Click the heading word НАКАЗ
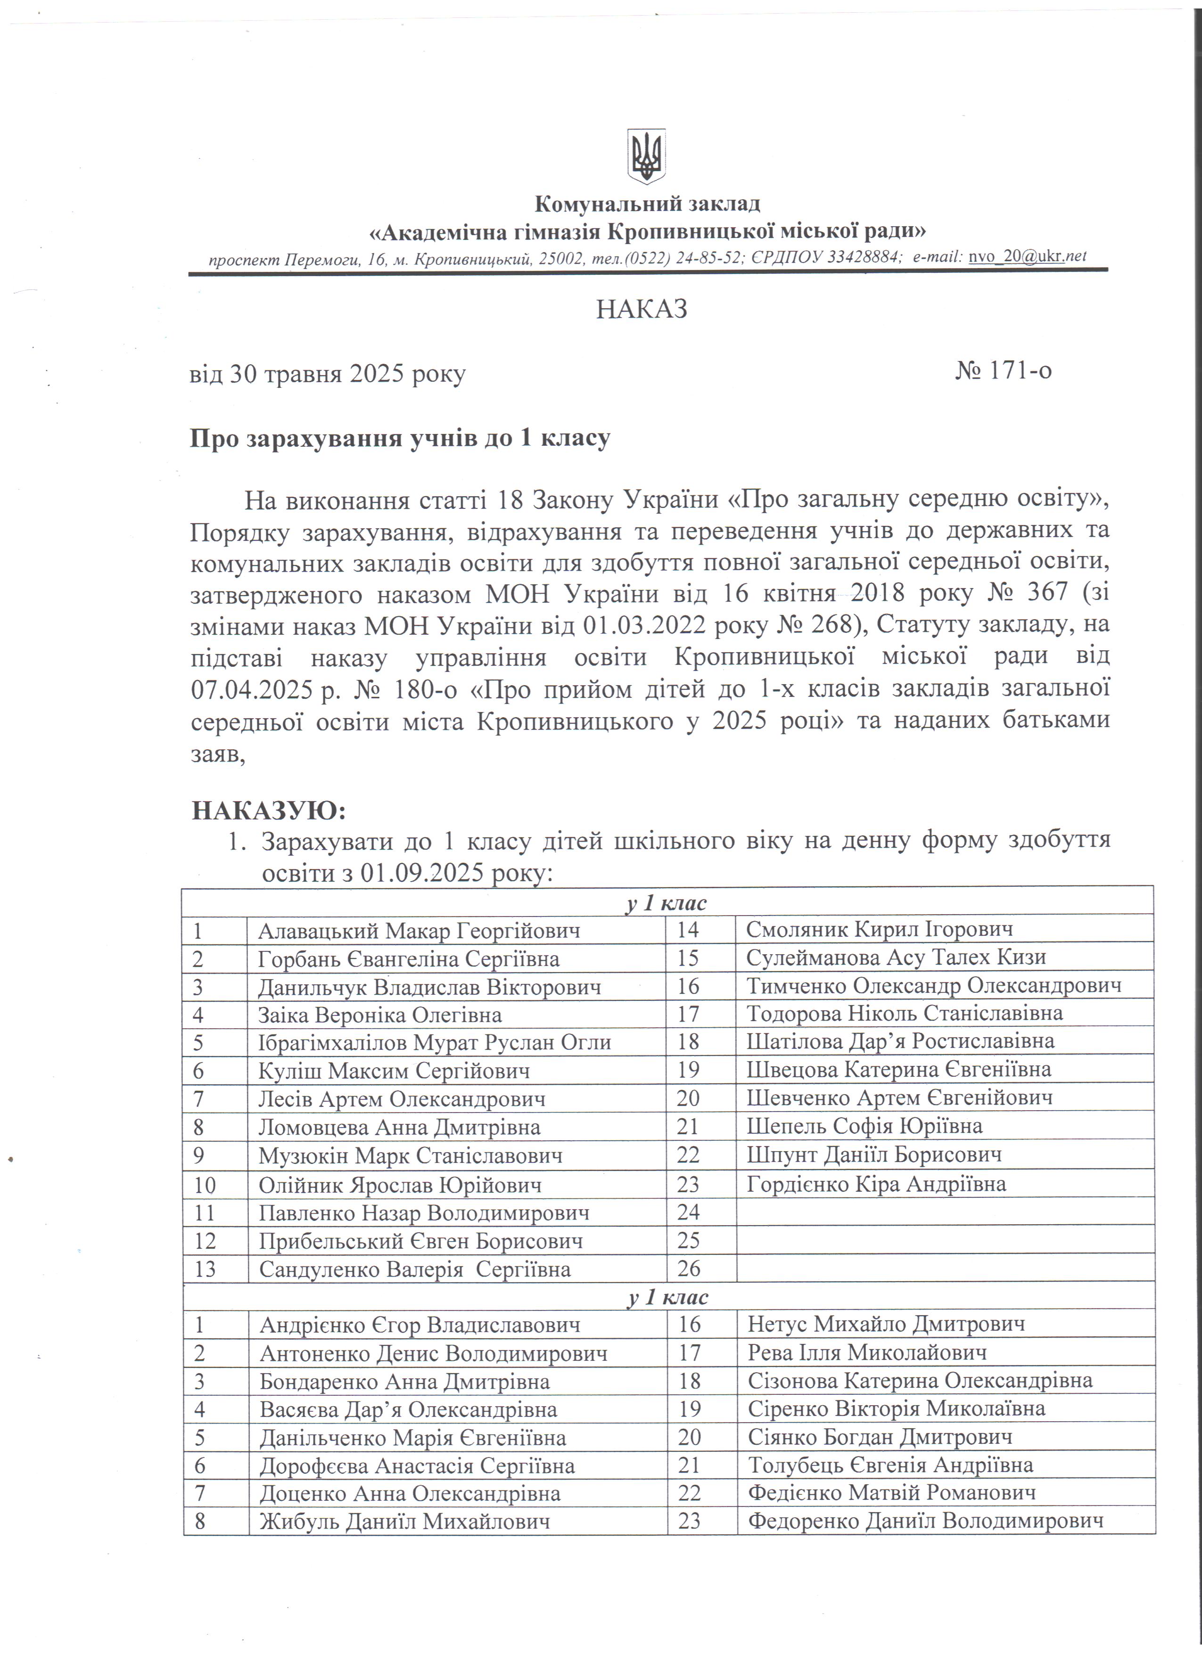(642, 310)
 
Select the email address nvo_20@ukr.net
(1027, 256)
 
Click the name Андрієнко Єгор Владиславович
(420, 1325)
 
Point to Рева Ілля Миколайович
(867, 1353)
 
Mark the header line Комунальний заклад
(647, 204)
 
